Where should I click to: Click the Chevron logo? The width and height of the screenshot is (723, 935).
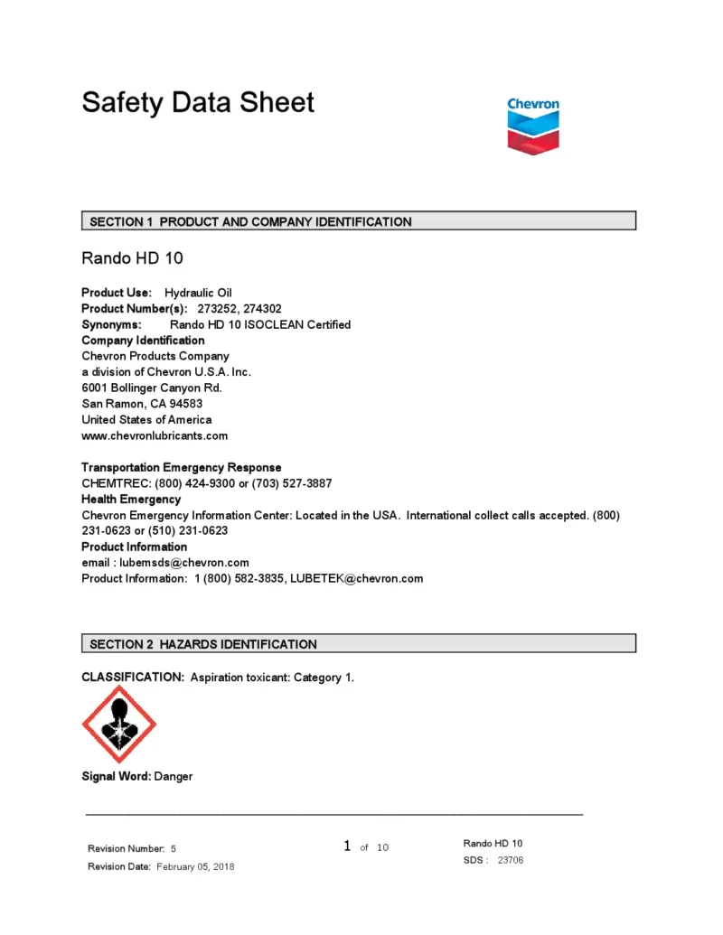click(x=533, y=126)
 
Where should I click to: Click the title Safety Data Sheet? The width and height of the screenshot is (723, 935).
click(x=198, y=102)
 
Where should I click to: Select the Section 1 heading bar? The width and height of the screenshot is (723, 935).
click(x=359, y=221)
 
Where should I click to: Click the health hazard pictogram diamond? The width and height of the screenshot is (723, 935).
click(x=119, y=724)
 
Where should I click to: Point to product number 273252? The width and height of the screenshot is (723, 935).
click(x=216, y=309)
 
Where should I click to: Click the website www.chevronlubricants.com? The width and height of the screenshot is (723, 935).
click(x=155, y=435)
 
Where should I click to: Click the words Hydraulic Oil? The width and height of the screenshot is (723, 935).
click(x=198, y=293)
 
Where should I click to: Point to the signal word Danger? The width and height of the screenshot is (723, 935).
click(x=174, y=777)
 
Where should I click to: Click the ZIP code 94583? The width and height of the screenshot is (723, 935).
click(x=185, y=404)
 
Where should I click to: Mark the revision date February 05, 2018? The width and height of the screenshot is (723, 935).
click(x=195, y=867)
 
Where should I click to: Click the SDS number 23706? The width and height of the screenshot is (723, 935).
click(x=511, y=860)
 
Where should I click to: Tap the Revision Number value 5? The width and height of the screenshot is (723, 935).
click(x=174, y=849)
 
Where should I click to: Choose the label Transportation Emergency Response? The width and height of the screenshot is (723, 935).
click(x=181, y=467)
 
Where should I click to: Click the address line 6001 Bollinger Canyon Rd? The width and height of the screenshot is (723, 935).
click(x=152, y=388)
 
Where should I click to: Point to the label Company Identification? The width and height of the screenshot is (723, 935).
click(x=143, y=341)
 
